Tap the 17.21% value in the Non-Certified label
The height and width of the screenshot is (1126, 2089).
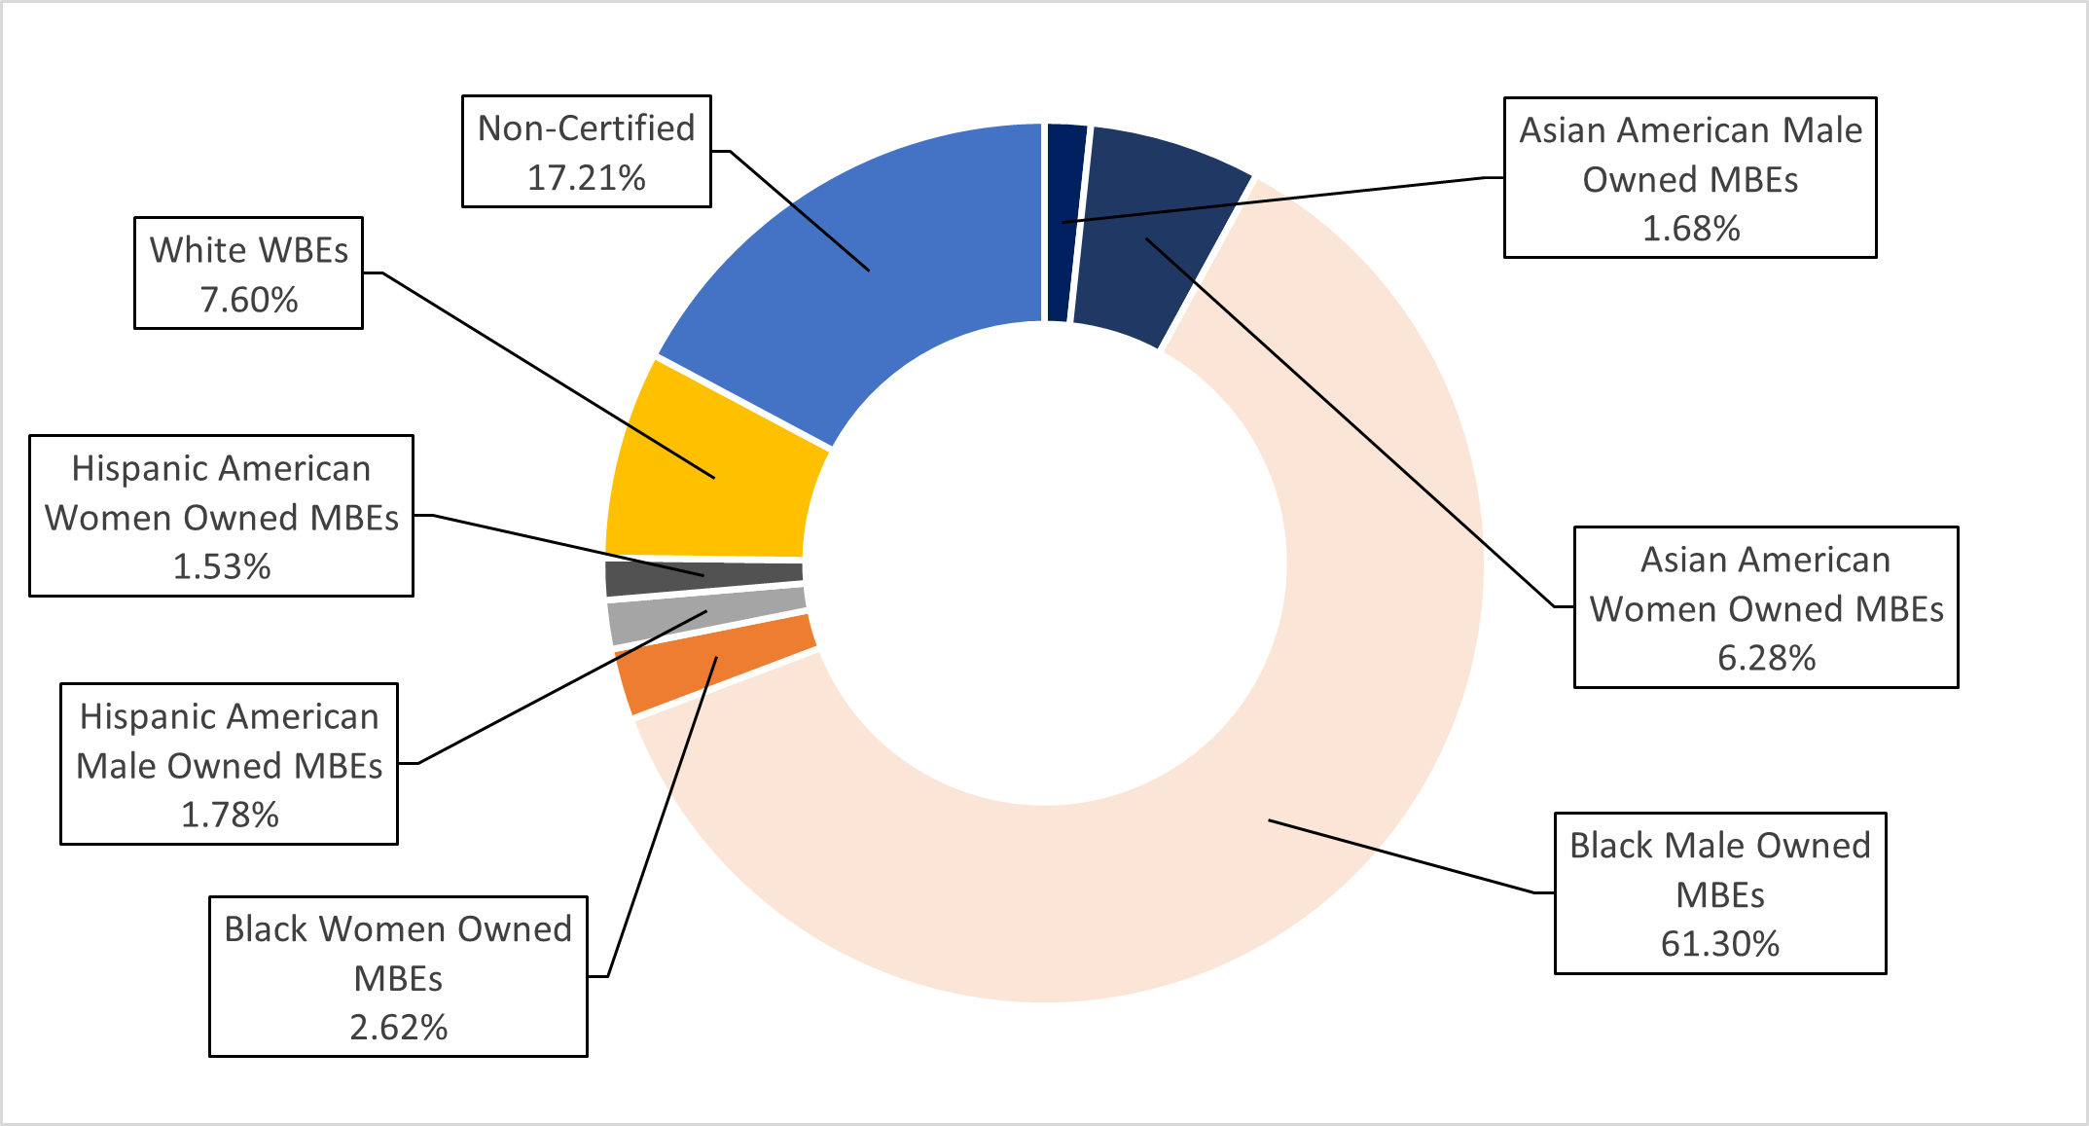tap(586, 178)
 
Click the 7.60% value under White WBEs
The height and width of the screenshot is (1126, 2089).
tap(249, 300)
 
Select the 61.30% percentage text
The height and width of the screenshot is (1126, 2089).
tap(1719, 944)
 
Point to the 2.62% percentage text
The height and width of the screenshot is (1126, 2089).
tap(398, 1028)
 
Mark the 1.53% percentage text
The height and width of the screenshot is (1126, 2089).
tap(221, 567)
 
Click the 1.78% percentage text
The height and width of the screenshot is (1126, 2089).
tap(230, 815)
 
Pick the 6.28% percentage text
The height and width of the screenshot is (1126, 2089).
tap(1766, 659)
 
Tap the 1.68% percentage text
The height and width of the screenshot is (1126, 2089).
tap(1690, 229)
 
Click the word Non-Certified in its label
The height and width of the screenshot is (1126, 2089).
tap(586, 128)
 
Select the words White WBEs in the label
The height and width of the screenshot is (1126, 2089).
tap(249, 250)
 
